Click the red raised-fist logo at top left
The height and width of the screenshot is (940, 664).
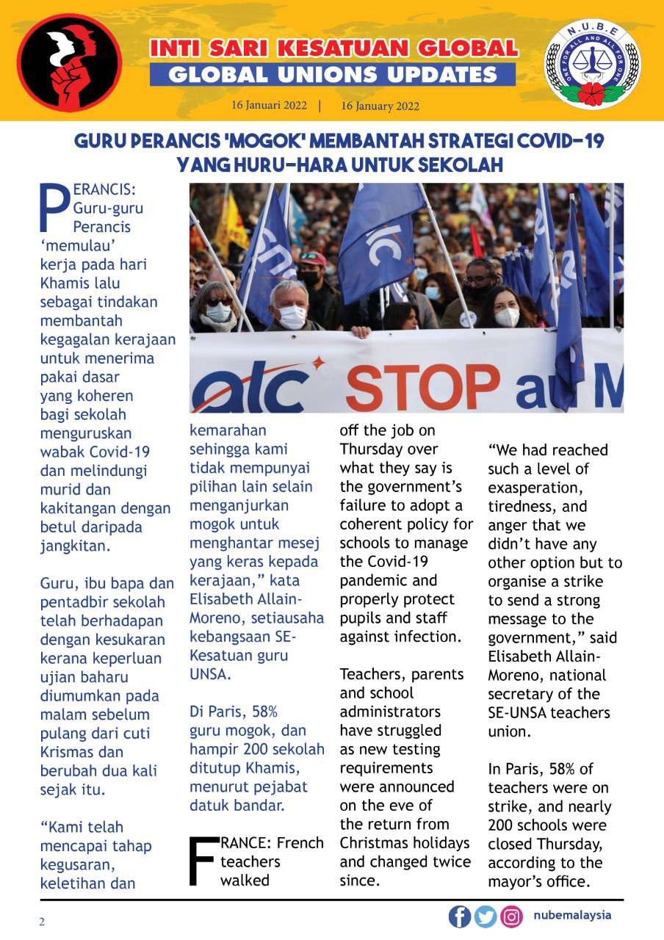click(69, 62)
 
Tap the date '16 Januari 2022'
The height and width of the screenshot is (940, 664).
click(269, 105)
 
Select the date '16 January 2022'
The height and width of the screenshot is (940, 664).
click(380, 106)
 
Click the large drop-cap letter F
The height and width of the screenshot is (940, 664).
click(203, 858)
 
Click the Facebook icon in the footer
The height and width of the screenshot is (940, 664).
click(460, 916)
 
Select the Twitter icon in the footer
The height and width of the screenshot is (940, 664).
click(486, 916)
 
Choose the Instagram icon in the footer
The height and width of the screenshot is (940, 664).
click(511, 916)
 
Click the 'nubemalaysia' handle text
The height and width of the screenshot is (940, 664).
click(573, 916)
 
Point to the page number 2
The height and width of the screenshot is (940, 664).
click(42, 922)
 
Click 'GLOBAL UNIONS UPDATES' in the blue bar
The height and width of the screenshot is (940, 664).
click(333, 74)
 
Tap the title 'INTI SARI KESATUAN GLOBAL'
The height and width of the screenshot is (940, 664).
click(333, 49)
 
